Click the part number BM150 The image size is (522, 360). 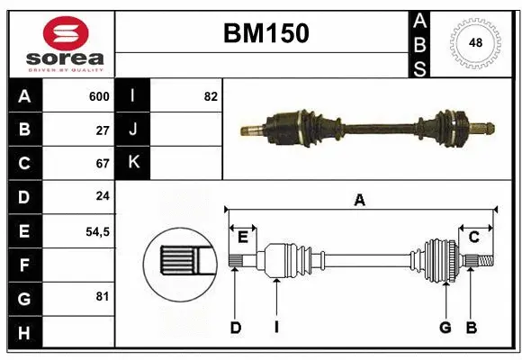click(x=265, y=34)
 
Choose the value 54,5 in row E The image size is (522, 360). click(x=97, y=231)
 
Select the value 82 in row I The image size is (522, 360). click(x=211, y=96)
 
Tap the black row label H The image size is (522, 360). click(x=23, y=332)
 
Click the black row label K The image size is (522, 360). click(x=133, y=164)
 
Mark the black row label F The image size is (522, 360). click(x=23, y=265)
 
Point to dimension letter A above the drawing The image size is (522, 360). click(x=360, y=200)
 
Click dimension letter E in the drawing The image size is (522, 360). click(x=242, y=237)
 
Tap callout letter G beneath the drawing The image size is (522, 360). click(x=445, y=328)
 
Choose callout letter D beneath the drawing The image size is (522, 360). click(x=235, y=328)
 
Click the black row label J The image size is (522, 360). click(x=133, y=130)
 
